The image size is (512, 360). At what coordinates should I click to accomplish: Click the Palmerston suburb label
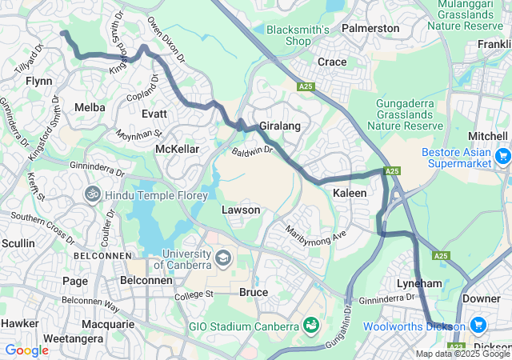tap(370, 28)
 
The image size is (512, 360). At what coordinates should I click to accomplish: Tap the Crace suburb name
tap(332, 62)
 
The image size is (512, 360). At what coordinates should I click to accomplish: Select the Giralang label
tap(278, 126)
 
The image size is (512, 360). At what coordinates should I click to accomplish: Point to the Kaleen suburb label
tap(350, 194)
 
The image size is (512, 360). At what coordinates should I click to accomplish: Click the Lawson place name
tap(241, 210)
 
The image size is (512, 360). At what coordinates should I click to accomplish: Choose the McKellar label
tap(177, 150)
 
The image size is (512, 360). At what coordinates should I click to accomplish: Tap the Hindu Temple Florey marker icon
tap(93, 194)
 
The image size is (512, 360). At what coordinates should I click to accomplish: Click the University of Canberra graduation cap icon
tap(222, 259)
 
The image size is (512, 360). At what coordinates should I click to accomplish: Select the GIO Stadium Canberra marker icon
tap(310, 326)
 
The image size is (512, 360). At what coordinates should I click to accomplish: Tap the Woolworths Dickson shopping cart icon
tap(478, 326)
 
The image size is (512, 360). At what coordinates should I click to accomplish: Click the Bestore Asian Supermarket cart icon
tap(502, 157)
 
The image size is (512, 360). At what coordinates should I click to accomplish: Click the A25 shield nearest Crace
tap(305, 86)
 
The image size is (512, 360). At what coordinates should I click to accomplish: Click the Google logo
tap(26, 350)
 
